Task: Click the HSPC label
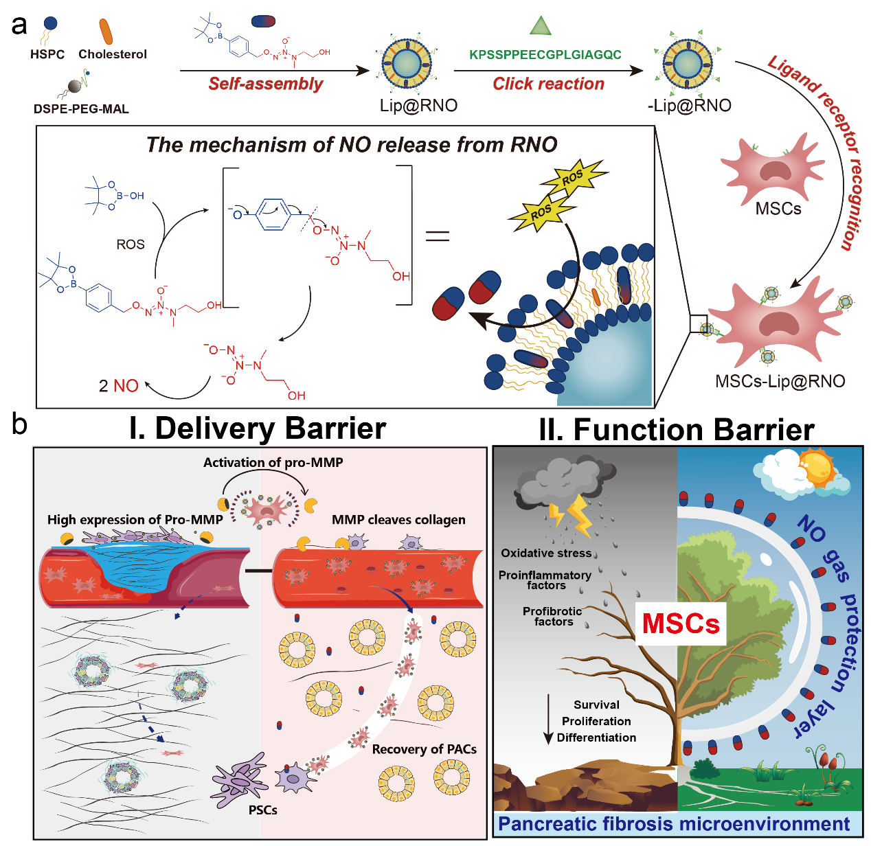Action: pos(47,54)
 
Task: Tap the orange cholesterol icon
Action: pos(106,32)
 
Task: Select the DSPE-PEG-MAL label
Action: pos(81,108)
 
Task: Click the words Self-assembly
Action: pos(265,84)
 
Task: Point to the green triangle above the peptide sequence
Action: pos(541,26)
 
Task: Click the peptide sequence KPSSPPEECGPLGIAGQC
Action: pos(545,55)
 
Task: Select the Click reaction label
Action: pos(548,84)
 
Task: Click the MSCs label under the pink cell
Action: pos(778,209)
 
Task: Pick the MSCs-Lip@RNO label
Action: pos(780,381)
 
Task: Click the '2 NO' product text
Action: pos(118,386)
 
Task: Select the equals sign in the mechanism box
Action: pos(438,237)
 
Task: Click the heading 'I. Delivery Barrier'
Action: pos(258,428)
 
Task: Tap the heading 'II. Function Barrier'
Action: pos(677,429)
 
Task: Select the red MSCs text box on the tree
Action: pos(680,623)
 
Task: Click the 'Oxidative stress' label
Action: pos(546,553)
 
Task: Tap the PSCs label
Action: pos(263,810)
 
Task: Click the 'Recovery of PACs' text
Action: pos(424,749)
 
